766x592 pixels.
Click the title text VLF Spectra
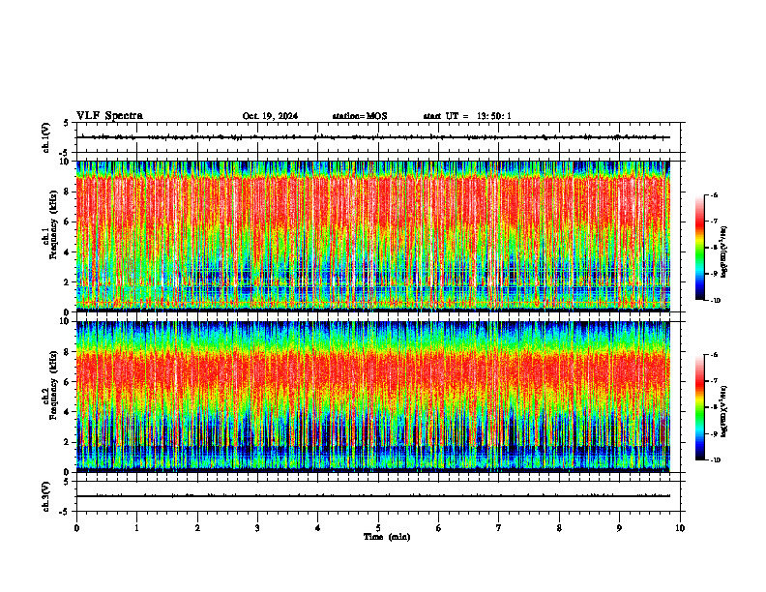click(109, 116)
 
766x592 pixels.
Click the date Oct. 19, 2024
click(270, 116)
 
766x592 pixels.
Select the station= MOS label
click(359, 116)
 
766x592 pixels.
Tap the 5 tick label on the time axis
click(378, 527)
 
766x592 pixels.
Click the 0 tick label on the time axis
click(76, 527)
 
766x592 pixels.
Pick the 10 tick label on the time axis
click(680, 527)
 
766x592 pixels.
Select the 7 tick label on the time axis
click(499, 527)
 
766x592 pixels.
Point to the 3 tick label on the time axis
click(257, 527)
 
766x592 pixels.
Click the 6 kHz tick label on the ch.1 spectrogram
click(66, 222)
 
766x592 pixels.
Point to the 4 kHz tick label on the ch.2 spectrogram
click(66, 411)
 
